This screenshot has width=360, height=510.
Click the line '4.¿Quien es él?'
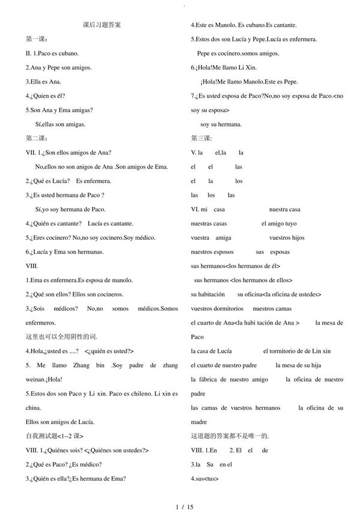pos(45,96)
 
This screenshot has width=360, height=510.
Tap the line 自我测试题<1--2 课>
pos(55,436)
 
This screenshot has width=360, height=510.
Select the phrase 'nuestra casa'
pos(284,209)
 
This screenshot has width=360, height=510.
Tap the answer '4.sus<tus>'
pos(205,478)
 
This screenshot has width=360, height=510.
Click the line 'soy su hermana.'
pos(221,124)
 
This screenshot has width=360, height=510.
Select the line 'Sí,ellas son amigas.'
pos(60,124)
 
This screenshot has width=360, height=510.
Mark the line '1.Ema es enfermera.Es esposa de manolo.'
pos(79,280)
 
